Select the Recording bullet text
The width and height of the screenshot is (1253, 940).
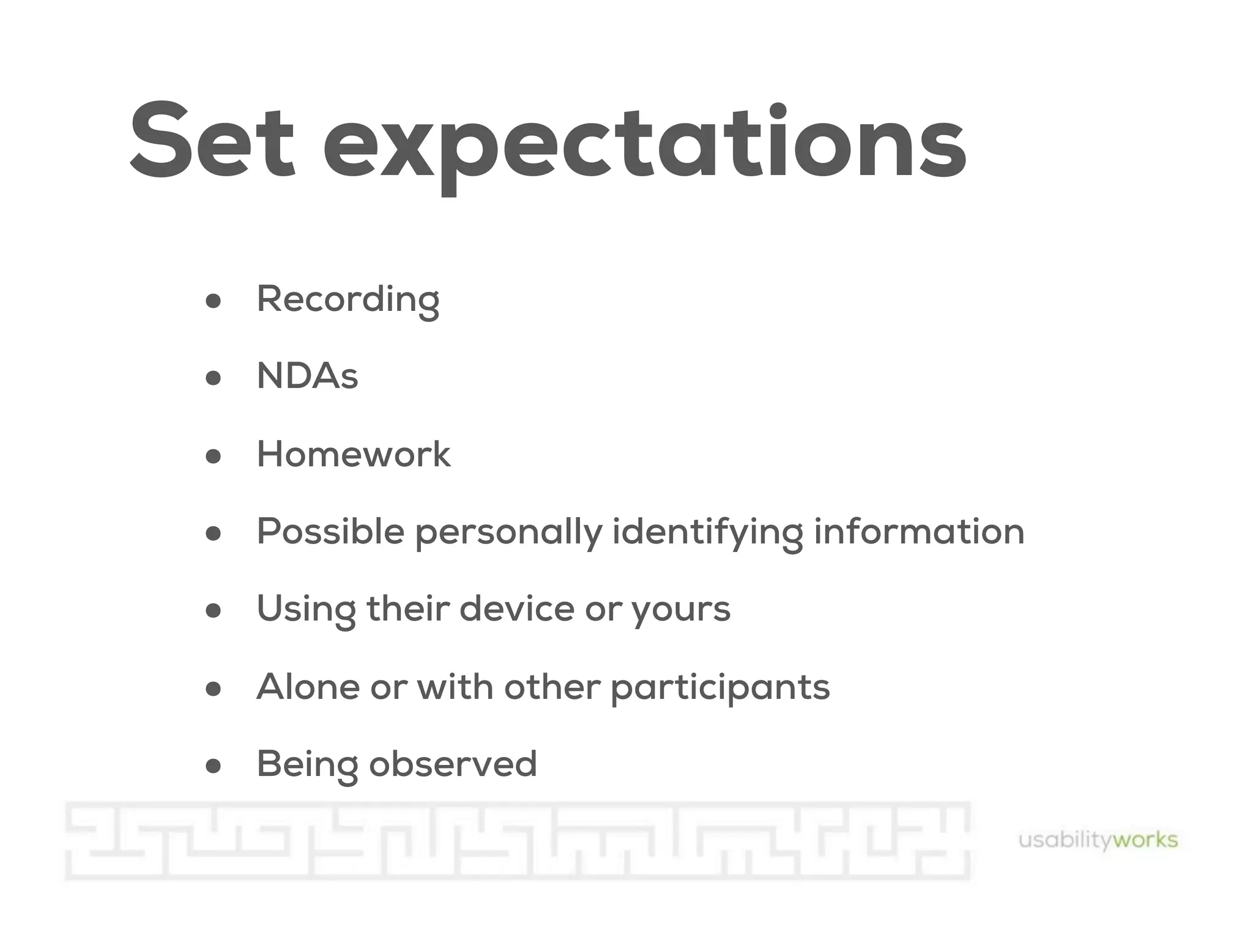coord(348,299)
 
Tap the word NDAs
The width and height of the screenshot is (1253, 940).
coord(307,376)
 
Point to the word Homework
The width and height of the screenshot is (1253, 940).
coord(353,454)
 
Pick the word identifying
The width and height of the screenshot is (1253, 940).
coord(707,532)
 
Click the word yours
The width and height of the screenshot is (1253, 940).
coord(680,610)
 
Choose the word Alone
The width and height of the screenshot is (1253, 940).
coord(308,687)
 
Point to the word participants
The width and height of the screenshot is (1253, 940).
coord(720,688)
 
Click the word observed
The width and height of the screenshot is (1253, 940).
coord(453,764)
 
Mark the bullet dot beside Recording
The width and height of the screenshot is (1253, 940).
coord(213,301)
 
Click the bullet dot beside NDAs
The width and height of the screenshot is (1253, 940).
coord(213,378)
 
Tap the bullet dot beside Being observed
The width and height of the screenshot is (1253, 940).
coord(213,766)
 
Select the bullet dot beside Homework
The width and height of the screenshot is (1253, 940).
coord(213,456)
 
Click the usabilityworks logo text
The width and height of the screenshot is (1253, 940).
coord(1098,840)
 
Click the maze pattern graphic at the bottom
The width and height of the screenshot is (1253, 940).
coord(517,840)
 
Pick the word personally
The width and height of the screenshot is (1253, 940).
coord(508,532)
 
